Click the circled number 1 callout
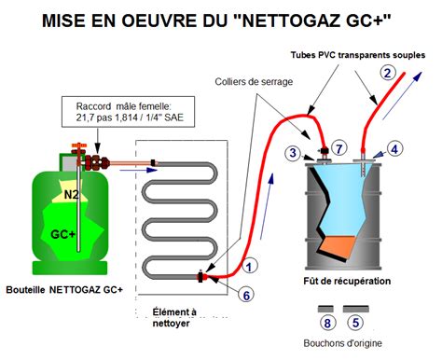click(x=250, y=266)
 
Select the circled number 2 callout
click(x=386, y=72)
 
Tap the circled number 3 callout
click(x=293, y=152)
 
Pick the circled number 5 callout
click(x=354, y=324)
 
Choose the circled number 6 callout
click(x=245, y=295)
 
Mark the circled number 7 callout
click(x=338, y=148)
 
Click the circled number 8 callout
click(x=326, y=324)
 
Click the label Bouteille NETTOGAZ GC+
click(x=63, y=289)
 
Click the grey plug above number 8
click(x=326, y=308)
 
